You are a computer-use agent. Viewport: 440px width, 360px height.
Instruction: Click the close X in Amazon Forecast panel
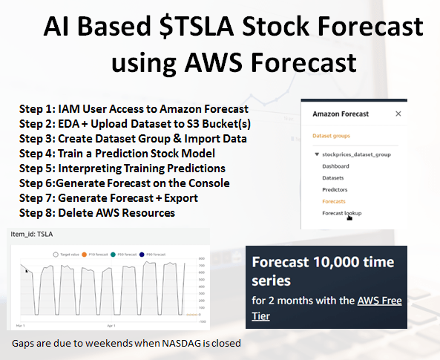[x=398, y=114]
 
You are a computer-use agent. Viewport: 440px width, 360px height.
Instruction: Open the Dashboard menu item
[x=335, y=166]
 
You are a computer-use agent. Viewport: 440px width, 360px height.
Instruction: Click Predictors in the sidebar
[x=335, y=189]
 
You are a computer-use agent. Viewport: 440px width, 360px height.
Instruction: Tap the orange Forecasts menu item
[x=335, y=201]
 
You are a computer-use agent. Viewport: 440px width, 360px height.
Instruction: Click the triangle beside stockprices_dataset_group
[x=317, y=154]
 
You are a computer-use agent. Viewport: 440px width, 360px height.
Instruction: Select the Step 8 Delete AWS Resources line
[x=97, y=213]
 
